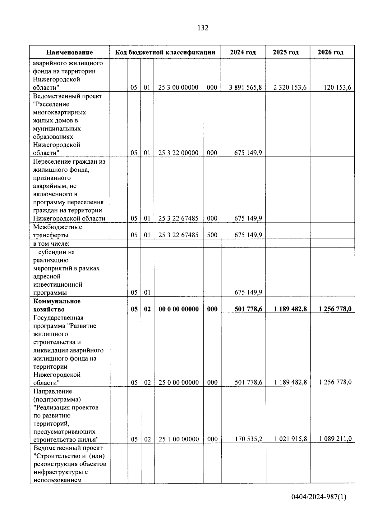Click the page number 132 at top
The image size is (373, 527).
pyautogui.click(x=203, y=28)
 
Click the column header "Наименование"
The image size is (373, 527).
pyautogui.click(x=70, y=52)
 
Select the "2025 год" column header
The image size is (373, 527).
pyautogui.click(x=286, y=52)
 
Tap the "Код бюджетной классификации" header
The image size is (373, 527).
pyautogui.click(x=165, y=52)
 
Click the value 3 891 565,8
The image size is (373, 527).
pyautogui.click(x=246, y=88)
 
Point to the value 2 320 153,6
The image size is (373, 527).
pyautogui.click(x=290, y=88)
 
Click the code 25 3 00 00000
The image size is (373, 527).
pyautogui.click(x=178, y=88)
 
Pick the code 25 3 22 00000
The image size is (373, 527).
pyautogui.click(x=178, y=153)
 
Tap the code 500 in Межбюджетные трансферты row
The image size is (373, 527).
pyautogui.click(x=212, y=235)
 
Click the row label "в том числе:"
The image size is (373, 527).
pyautogui.click(x=52, y=243)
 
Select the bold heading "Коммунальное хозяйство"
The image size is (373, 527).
pyautogui.click(x=57, y=305)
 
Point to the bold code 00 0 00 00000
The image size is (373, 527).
pyautogui.click(x=179, y=309)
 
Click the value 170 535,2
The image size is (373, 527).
pyautogui.click(x=248, y=439)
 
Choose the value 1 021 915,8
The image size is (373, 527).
pyautogui.click(x=291, y=439)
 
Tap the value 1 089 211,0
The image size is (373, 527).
pyautogui.click(x=335, y=439)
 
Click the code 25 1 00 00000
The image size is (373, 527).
pyautogui.click(x=179, y=439)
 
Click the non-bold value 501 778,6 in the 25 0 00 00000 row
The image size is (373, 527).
pyautogui.click(x=248, y=383)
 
